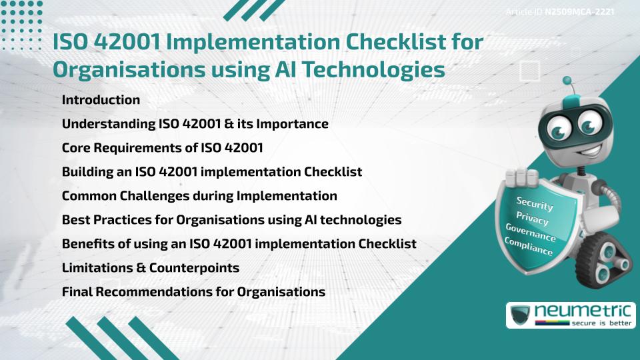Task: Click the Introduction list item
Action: (x=101, y=100)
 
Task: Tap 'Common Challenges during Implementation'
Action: (x=199, y=196)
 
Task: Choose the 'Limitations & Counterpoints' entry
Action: (x=150, y=268)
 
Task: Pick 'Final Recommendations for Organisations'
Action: (x=193, y=292)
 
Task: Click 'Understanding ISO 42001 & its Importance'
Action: (x=195, y=124)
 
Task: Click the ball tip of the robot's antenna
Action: (x=568, y=81)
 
